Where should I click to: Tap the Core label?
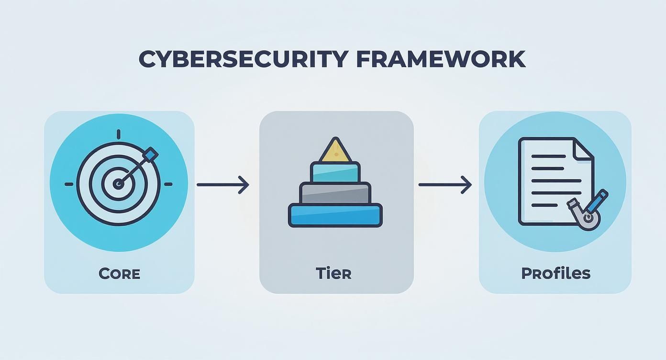coord(119,274)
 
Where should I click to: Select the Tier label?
coord(333,273)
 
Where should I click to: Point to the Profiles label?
coord(555,273)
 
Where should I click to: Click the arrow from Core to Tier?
coord(223,184)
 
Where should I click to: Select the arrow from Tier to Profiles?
coord(445,184)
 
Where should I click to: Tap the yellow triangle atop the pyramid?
coord(335,151)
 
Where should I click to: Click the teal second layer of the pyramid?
coord(335,172)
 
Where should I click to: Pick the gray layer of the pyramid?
coord(335,193)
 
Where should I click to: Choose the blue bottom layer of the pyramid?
coord(335,215)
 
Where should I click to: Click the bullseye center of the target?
coord(118,184)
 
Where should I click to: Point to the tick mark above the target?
coord(119,134)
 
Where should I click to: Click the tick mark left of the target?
coord(69,184)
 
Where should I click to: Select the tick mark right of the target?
coord(168,184)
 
